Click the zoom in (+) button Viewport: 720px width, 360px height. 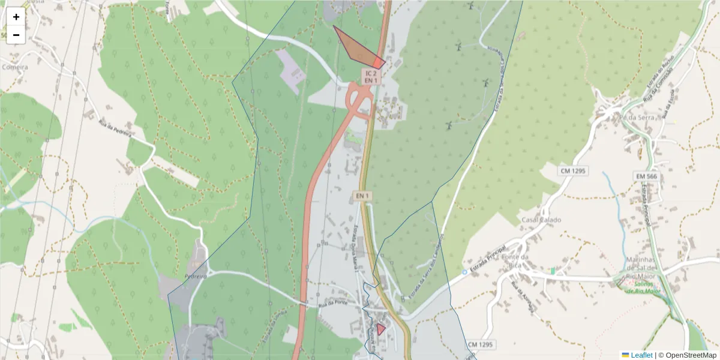click(16, 17)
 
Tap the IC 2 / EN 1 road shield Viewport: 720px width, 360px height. click(371, 76)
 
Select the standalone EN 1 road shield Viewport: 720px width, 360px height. click(362, 196)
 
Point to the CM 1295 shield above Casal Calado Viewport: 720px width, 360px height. click(574, 171)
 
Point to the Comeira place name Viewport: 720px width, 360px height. click(14, 67)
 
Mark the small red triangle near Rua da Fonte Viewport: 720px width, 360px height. click(380, 329)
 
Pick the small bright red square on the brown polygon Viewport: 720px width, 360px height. click(378, 62)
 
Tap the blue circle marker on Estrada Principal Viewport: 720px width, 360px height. click(464, 272)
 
